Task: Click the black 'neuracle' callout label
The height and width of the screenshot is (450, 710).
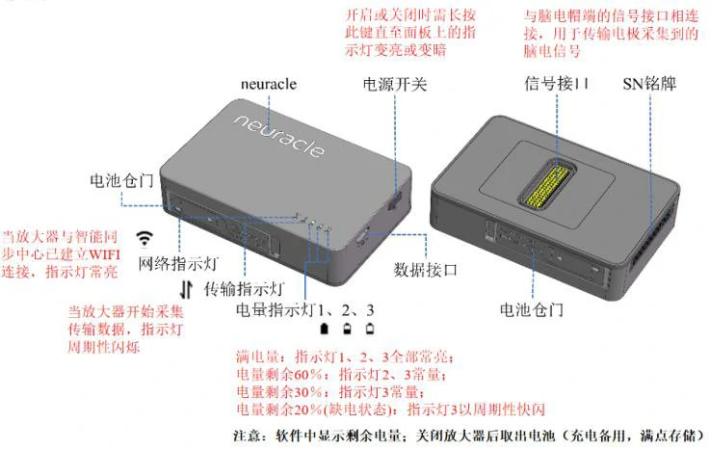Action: (269, 84)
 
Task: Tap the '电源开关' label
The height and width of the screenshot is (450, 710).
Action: (395, 84)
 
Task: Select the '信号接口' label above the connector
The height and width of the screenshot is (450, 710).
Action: (557, 84)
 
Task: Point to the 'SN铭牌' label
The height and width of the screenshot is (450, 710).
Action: (649, 84)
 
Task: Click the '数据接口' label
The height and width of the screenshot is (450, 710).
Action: (425, 270)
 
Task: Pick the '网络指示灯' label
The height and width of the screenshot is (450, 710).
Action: (179, 263)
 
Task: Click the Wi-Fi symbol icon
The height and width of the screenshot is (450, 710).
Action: (145, 238)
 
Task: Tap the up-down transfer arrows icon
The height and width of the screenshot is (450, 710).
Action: (186, 289)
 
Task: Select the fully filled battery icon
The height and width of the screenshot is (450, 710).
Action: (325, 329)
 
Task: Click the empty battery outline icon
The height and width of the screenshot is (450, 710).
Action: (370, 329)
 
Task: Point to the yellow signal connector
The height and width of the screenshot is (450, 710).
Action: (547, 186)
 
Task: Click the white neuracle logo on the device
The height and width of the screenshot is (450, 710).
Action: (279, 137)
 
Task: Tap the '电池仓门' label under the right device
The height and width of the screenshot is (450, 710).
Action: (532, 310)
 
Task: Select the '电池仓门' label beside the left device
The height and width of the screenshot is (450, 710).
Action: (121, 180)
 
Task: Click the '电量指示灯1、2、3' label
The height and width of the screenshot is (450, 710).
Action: (305, 310)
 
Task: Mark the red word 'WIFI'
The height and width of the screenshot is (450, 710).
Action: (105, 254)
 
